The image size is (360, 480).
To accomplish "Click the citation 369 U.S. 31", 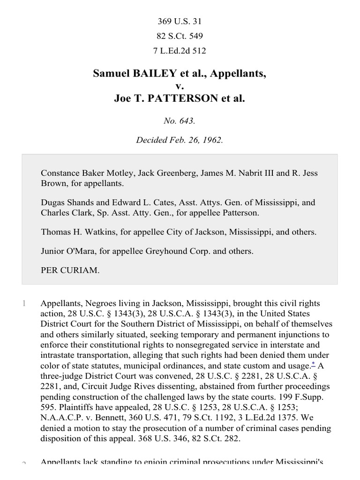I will coord(180,21).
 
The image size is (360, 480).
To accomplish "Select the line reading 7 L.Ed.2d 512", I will coord(180,51).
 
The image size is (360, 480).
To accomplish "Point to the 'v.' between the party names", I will coord(180,86).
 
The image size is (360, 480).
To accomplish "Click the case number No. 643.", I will coord(180,121).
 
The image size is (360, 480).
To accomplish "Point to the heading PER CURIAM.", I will coord(70,270).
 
